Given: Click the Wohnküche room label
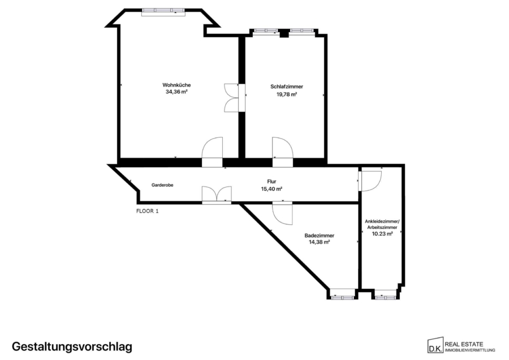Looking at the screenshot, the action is point(176,85).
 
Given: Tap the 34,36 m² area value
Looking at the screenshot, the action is point(176,92).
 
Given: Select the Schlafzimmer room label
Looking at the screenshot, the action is point(287,86).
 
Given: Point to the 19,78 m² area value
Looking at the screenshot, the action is point(287,94).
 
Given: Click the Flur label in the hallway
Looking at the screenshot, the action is point(271,181).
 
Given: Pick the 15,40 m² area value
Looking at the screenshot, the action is point(271,189).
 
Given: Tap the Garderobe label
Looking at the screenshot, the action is point(162,185).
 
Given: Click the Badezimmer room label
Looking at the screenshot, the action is point(320,236).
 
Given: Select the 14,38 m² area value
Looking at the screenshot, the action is point(320,242).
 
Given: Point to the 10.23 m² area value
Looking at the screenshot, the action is point(382,233).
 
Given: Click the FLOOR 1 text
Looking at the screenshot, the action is point(148,211).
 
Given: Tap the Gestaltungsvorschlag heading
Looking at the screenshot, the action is point(72,346).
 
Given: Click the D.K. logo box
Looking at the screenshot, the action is point(435,346).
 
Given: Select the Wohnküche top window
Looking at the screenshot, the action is point(163,12).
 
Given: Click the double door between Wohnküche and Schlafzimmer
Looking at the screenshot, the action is point(234,98).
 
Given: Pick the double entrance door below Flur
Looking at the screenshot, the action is point(217,195).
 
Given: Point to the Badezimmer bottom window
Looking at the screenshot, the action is point(343,297).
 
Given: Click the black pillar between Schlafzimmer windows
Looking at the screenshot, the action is point(284,33).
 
